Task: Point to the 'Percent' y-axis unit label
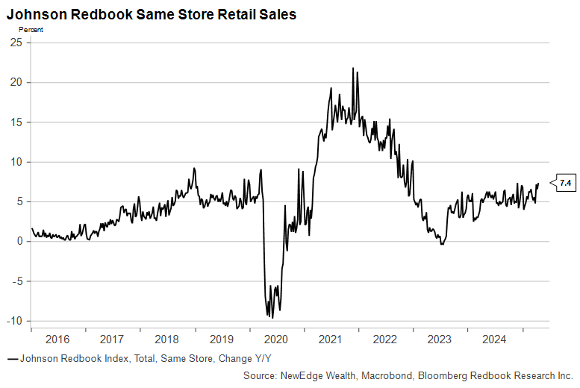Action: click(31, 30)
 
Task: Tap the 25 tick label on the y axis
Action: click(16, 43)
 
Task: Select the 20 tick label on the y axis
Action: click(16, 82)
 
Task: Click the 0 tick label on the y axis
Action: click(19, 241)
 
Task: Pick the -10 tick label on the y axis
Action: click(14, 321)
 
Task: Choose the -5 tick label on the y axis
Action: click(16, 281)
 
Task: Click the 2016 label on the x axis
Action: click(58, 339)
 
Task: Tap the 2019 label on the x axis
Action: click(221, 339)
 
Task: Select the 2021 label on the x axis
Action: click(330, 339)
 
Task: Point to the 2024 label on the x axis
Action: click(493, 339)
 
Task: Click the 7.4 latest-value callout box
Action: click(565, 182)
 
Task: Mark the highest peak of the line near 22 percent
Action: click(352, 69)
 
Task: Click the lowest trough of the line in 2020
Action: click(272, 318)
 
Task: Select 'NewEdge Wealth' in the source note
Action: click(325, 375)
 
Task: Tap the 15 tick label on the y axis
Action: click(16, 122)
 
